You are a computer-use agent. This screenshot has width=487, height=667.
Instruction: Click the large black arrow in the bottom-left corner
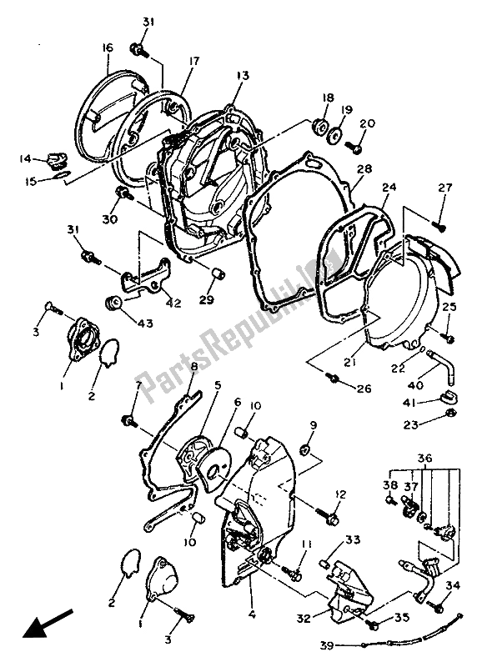pos(43,623)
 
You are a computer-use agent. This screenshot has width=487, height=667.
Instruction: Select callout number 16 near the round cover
pos(107,48)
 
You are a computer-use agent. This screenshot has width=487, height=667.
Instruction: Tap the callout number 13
pos(243,76)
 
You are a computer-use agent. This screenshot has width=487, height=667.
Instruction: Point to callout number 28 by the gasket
pos(364,169)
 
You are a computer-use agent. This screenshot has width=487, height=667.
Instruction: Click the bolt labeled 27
pos(440,223)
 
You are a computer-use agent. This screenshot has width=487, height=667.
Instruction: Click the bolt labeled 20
pos(356,148)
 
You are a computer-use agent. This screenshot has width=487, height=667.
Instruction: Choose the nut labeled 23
pos(448,414)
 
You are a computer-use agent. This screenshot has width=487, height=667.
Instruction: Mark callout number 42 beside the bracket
pos(173,304)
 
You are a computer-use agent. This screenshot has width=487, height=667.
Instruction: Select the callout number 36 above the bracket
pos(426,459)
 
